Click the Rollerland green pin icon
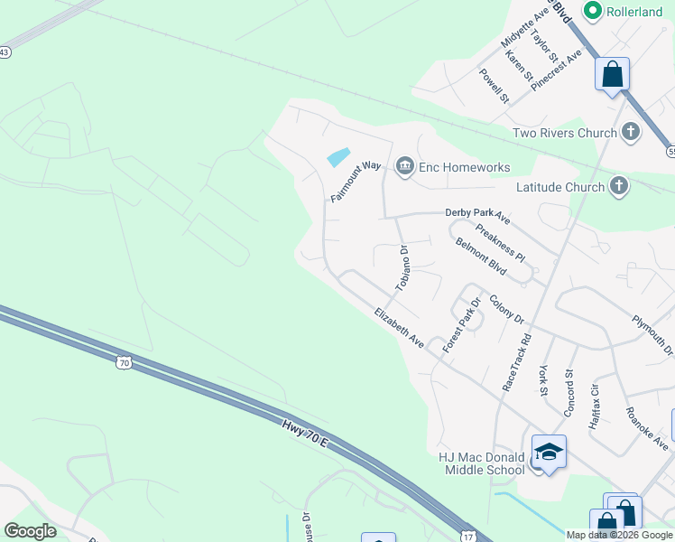tap(593, 11)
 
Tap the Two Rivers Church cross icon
tap(630, 133)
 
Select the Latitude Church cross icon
tap(618, 187)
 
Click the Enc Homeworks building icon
tap(404, 166)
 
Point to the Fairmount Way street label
tap(356, 182)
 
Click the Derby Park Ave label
tap(477, 217)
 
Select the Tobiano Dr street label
tap(402, 268)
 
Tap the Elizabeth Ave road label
tap(399, 327)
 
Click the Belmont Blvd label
tap(481, 256)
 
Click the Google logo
tap(30, 531)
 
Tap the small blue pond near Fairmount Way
tap(337, 156)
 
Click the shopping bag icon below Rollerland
tap(612, 74)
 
